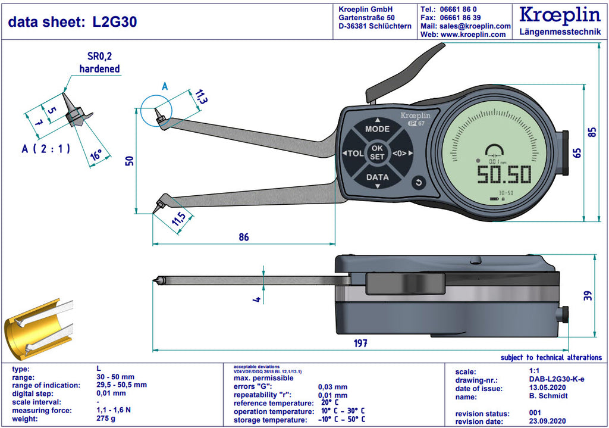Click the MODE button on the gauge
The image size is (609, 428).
pyautogui.click(x=377, y=129)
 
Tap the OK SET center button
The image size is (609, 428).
pyautogui.click(x=377, y=152)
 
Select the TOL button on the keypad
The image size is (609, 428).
pyautogui.click(x=353, y=153)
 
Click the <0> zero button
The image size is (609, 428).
pyautogui.click(x=401, y=153)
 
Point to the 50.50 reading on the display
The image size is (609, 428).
pyautogui.click(x=504, y=174)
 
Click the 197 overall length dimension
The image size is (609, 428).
pyautogui.click(x=360, y=343)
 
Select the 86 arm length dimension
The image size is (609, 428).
pyautogui.click(x=243, y=237)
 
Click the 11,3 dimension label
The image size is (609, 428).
pyautogui.click(x=200, y=96)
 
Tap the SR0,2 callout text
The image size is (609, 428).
pyautogui.click(x=99, y=57)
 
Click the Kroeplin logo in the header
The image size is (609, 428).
pyautogui.click(x=560, y=15)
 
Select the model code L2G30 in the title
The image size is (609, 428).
pyautogui.click(x=115, y=22)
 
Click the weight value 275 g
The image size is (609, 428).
pyautogui.click(x=106, y=418)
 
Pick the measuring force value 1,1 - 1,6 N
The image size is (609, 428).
pyautogui.click(x=114, y=410)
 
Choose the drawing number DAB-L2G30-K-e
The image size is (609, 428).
pyautogui.click(x=557, y=379)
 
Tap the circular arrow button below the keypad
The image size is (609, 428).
pyautogui.click(x=419, y=182)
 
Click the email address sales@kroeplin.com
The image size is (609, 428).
pyautogui.click(x=475, y=26)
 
